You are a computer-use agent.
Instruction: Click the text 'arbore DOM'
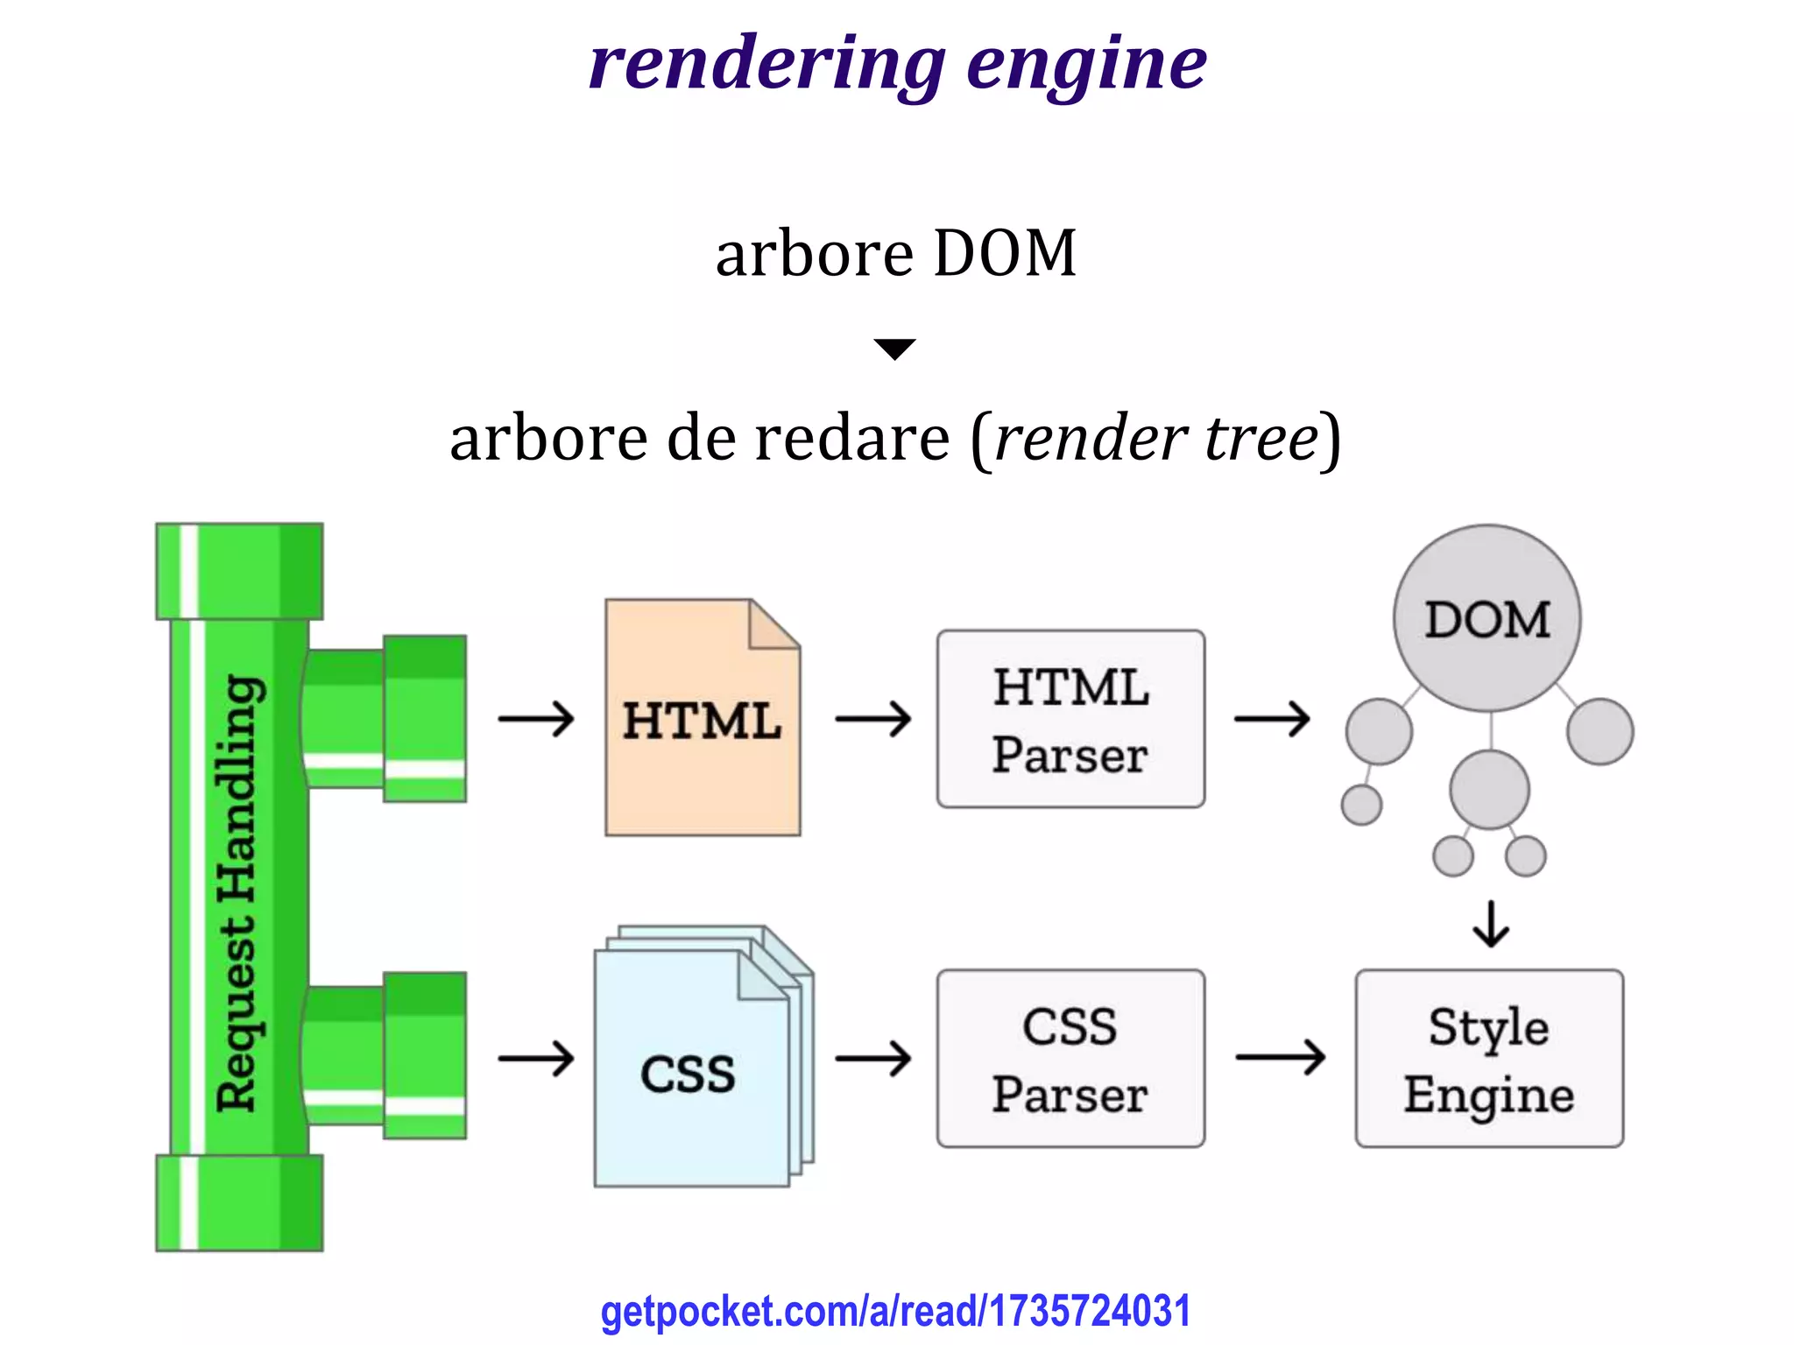pos(895,254)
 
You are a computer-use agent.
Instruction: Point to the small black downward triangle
pos(895,348)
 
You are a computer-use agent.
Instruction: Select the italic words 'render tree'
pos(1156,438)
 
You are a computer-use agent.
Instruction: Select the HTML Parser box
pos(1070,720)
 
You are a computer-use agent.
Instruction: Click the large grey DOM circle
pos(1487,618)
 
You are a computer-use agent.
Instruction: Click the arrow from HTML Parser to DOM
pos(1272,720)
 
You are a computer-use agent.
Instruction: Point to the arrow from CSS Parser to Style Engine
pos(1280,1058)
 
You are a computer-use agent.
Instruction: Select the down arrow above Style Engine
pos(1491,925)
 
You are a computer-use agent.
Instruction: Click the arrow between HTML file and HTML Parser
pos(872,720)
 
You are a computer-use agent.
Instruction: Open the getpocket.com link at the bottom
pos(895,1312)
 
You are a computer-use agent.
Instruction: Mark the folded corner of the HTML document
pos(774,623)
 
